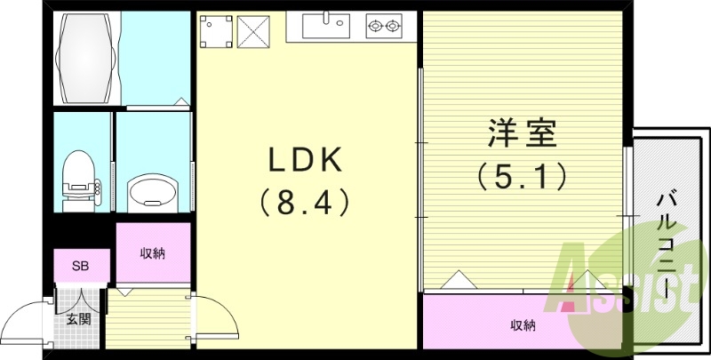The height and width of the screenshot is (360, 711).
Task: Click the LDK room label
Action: coord(306,161)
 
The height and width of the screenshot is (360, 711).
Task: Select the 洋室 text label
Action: coord(522,133)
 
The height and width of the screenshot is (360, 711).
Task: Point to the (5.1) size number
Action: coord(523,176)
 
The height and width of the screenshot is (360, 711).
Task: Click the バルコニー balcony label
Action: coord(667,245)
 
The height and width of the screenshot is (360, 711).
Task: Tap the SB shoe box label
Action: coord(80,266)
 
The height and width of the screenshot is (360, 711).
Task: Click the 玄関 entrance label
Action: coord(78,320)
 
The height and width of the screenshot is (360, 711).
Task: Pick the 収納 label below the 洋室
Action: coord(523,325)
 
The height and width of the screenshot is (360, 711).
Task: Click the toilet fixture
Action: coord(80,181)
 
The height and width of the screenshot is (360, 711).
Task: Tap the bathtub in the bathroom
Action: coord(84,59)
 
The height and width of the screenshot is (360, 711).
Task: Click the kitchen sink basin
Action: coord(326,26)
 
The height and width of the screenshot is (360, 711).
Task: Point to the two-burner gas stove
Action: coord(384,26)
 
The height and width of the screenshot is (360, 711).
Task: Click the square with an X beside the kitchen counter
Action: coord(253,32)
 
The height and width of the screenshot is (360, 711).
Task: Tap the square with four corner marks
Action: coord(216,31)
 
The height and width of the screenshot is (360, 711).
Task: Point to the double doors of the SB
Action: coord(81,300)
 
